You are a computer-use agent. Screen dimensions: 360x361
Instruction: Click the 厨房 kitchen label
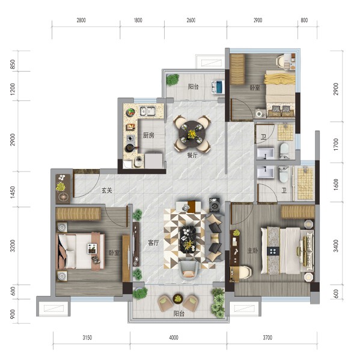click(148, 135)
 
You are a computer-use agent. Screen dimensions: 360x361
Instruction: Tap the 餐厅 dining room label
click(192, 155)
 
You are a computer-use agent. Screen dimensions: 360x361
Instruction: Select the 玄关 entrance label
click(107, 191)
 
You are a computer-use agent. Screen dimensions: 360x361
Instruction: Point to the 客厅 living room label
click(153, 242)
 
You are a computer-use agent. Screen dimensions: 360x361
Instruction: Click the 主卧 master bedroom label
click(253, 250)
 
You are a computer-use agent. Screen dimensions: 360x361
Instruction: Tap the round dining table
click(192, 133)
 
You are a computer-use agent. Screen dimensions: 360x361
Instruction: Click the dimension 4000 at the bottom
click(174, 338)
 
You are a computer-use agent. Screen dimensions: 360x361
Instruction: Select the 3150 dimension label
click(87, 338)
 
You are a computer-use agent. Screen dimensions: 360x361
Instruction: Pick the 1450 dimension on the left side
click(13, 192)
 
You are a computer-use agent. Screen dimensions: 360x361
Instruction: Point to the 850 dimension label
click(13, 64)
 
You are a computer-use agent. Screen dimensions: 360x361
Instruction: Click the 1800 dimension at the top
click(138, 20)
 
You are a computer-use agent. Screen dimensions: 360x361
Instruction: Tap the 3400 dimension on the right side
click(336, 245)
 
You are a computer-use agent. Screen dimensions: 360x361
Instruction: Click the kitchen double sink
click(148, 111)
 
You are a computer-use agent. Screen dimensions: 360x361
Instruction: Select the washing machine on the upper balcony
click(218, 87)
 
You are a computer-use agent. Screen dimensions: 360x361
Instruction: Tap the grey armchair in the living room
click(189, 270)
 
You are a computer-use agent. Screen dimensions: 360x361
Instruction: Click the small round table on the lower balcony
click(177, 298)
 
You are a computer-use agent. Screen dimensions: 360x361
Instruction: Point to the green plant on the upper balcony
click(172, 79)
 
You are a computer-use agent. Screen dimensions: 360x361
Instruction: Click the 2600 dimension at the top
click(191, 20)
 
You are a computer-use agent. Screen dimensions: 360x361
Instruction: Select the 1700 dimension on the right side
click(336, 144)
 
